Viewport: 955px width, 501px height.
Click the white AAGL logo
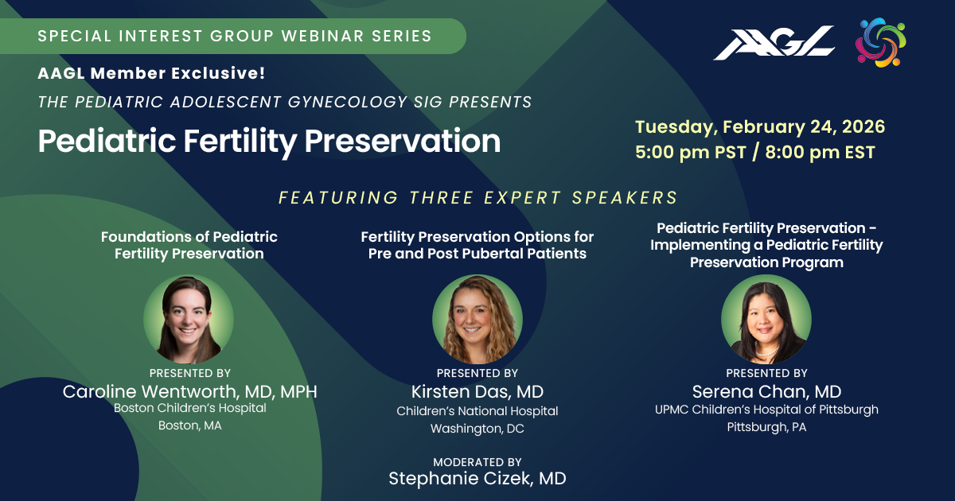pos(774,43)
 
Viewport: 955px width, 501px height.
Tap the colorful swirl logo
pos(881,42)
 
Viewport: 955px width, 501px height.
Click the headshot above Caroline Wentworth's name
pos(189,319)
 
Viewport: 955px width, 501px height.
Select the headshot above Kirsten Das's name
pos(477,319)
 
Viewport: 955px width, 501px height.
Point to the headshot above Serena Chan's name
pos(766,319)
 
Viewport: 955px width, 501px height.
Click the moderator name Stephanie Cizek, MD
pos(477,479)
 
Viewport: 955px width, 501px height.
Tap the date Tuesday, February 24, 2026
pos(760,127)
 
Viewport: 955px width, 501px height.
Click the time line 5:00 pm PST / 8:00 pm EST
pos(755,152)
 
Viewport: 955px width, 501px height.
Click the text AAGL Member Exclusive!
pos(151,73)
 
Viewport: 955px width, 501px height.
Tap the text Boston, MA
pos(189,425)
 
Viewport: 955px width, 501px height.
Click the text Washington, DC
pos(477,429)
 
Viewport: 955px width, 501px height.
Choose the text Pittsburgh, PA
pos(766,427)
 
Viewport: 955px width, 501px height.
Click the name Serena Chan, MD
pos(766,391)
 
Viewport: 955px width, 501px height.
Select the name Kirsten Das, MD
pos(477,391)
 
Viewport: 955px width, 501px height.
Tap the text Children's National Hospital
pos(477,411)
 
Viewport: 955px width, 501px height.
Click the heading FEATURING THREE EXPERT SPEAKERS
pos(477,198)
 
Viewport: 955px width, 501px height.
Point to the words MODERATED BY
pos(477,462)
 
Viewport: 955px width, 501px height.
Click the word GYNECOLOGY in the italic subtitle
pos(348,103)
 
